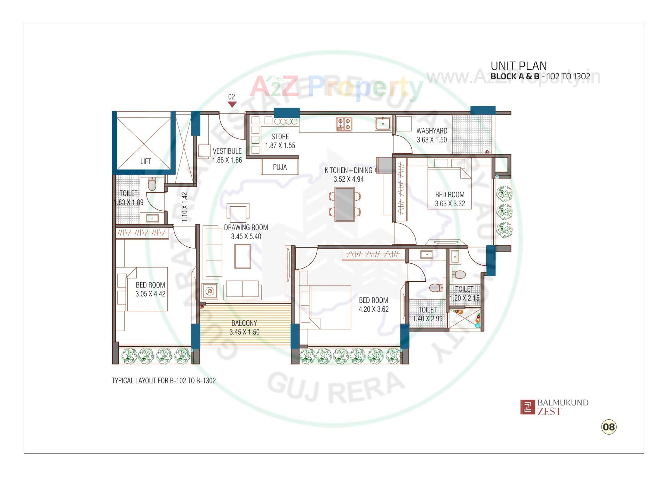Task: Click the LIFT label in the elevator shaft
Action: pyautogui.click(x=145, y=161)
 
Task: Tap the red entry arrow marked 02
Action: pyautogui.click(x=232, y=104)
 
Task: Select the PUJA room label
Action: pyautogui.click(x=280, y=167)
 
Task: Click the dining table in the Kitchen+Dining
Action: pyautogui.click(x=344, y=204)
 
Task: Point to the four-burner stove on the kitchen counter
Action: pyautogui.click(x=344, y=124)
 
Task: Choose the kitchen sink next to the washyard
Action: pyautogui.click(x=383, y=124)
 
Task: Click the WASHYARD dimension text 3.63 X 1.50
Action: pyautogui.click(x=432, y=140)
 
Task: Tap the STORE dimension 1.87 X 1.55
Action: pyautogui.click(x=280, y=145)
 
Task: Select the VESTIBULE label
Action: pyautogui.click(x=227, y=151)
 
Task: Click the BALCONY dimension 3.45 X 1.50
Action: pyautogui.click(x=244, y=332)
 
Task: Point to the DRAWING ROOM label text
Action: pyautogui.click(x=246, y=228)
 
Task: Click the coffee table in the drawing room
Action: pyautogui.click(x=242, y=256)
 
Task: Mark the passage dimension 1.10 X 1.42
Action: pyautogui.click(x=184, y=207)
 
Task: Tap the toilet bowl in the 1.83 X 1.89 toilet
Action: pyautogui.click(x=152, y=184)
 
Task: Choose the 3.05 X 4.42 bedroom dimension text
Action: pyautogui.click(x=150, y=294)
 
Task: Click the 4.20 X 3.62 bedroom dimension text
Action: pyautogui.click(x=374, y=309)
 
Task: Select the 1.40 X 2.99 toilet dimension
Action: pyautogui.click(x=428, y=318)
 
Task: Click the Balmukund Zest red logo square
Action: pyautogui.click(x=527, y=407)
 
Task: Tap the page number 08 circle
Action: pyautogui.click(x=609, y=427)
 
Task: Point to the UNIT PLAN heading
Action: pyautogui.click(x=518, y=66)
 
